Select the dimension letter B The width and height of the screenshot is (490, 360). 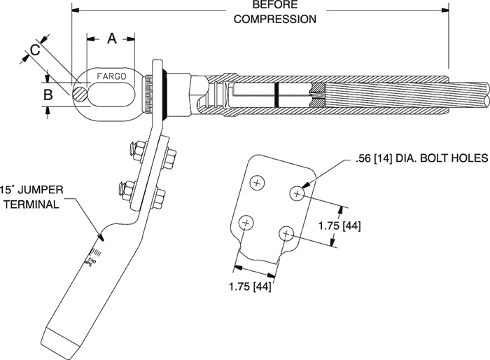[48, 93]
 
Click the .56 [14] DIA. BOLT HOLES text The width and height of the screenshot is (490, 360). [419, 160]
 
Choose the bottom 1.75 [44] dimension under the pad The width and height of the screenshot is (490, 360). [251, 285]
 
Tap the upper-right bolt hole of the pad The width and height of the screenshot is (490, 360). [297, 191]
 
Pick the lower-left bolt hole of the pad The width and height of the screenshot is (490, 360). [245, 223]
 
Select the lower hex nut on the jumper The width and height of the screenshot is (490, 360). [127, 188]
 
